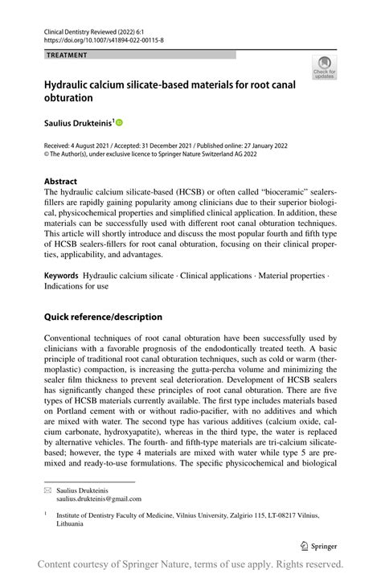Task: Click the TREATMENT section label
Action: (67, 55)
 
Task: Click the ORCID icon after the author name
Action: (119, 123)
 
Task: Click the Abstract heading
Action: (61, 182)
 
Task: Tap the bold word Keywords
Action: (61, 276)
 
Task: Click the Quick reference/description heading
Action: (103, 317)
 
